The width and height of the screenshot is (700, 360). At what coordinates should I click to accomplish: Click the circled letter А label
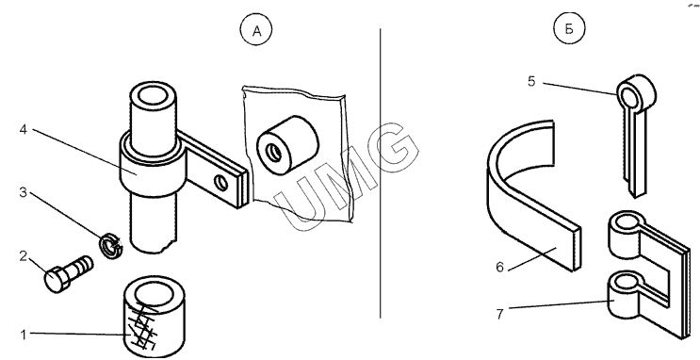[256, 30]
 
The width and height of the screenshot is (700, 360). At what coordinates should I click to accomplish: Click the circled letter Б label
[569, 29]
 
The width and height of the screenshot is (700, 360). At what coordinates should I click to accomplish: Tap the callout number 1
[24, 335]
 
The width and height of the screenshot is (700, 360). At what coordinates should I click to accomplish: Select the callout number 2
[24, 256]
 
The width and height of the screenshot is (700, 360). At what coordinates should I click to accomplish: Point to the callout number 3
[24, 192]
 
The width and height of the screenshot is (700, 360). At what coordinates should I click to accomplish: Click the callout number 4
[24, 129]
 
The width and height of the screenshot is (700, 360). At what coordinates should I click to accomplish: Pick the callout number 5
[531, 82]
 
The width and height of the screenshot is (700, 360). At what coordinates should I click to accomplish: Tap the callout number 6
[500, 267]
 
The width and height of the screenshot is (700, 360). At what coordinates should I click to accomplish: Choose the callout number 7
[500, 314]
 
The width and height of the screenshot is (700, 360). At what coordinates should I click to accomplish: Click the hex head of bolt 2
[56, 280]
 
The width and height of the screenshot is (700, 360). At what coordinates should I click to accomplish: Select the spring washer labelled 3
[110, 245]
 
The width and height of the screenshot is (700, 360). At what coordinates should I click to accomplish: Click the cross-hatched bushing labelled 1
[154, 317]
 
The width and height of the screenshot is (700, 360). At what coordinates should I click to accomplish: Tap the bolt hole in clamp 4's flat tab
[220, 183]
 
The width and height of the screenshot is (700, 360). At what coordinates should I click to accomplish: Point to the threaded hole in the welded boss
[273, 154]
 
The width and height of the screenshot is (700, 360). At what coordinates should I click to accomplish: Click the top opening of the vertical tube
[153, 96]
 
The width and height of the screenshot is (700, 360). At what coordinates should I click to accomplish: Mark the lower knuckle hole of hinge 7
[624, 282]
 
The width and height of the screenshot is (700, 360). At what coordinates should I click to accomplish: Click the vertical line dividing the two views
[381, 173]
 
